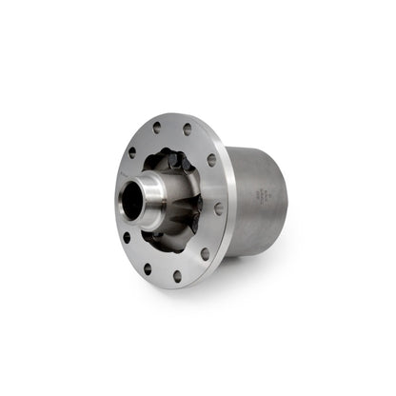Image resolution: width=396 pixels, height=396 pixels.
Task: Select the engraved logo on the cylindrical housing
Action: pos(261,195)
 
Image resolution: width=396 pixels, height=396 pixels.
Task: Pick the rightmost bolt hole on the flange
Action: pos(219,208)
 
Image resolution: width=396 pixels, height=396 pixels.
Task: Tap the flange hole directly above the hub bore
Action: pos(132,151)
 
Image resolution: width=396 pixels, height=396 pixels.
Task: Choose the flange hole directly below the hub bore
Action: pos(127,238)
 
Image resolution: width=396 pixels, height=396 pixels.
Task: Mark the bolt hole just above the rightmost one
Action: pos(211,160)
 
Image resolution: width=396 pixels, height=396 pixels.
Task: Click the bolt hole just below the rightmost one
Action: pos(205,253)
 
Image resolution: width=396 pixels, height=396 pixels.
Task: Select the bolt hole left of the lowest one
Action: pos(148,268)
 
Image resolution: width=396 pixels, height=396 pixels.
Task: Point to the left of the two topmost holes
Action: pos(157,128)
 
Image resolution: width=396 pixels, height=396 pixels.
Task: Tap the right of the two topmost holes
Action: pos(188,129)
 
